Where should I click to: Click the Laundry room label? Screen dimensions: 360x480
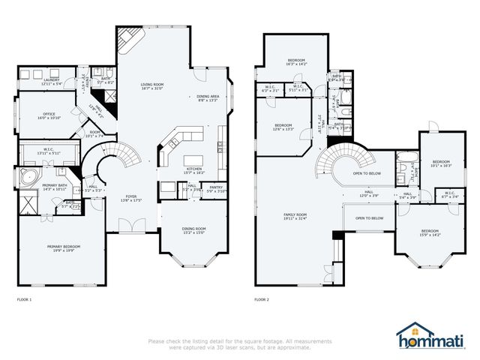pyautogui.click(x=30, y=80)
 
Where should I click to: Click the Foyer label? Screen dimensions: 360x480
pyautogui.click(x=131, y=199)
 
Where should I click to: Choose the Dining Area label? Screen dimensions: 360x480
pyautogui.click(x=208, y=97)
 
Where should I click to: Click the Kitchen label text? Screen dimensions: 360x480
pyautogui.click(x=194, y=169)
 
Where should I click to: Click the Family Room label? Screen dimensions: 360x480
pyautogui.click(x=295, y=215)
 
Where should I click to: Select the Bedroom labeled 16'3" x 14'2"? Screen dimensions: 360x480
pyautogui.click(x=297, y=61)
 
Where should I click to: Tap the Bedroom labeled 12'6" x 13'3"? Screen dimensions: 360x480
pyautogui.click(x=283, y=126)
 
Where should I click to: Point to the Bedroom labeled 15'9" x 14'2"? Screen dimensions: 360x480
pyautogui.click(x=429, y=232)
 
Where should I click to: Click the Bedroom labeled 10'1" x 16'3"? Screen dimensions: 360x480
pyautogui.click(x=440, y=163)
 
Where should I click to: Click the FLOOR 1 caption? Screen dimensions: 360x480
pyautogui.click(x=24, y=298)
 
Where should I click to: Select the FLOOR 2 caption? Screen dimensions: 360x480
pyautogui.click(x=261, y=298)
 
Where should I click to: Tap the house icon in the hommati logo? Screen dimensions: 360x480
pyautogui.click(x=409, y=329)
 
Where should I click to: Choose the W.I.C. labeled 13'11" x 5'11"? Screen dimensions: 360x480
pyautogui.click(x=47, y=150)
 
